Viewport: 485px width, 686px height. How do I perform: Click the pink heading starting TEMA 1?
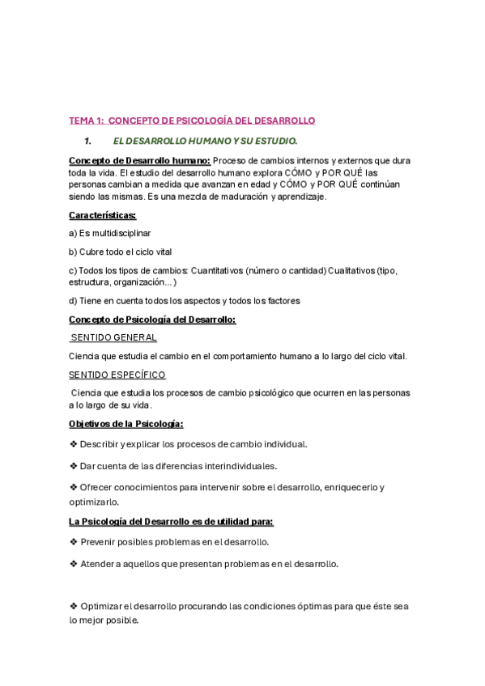(x=192, y=121)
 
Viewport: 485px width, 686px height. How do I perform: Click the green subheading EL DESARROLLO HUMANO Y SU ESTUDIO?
(x=206, y=142)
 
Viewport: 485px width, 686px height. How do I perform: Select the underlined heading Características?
(x=103, y=215)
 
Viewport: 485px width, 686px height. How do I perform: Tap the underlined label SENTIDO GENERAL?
(x=114, y=337)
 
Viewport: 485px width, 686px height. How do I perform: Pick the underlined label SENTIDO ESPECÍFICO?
(x=117, y=375)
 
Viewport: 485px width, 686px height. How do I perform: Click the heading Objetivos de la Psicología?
(x=126, y=424)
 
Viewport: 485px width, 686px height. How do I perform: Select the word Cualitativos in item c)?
(x=351, y=270)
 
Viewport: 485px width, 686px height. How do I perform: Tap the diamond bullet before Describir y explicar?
(x=73, y=444)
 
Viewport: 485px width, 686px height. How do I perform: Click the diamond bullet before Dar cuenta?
(x=73, y=465)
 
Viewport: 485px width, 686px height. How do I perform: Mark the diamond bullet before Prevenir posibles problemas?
(x=73, y=542)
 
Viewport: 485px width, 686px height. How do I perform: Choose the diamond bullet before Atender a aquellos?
(x=73, y=563)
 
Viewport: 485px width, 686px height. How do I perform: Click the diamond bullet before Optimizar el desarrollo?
(x=73, y=606)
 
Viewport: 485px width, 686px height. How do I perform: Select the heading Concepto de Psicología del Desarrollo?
(x=152, y=320)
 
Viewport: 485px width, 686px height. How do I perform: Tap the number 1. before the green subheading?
(x=89, y=142)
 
